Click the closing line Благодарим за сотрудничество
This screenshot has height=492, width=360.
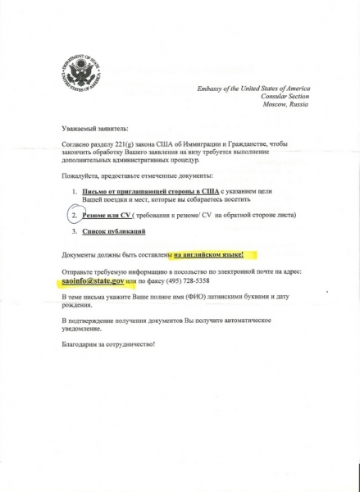tap(108, 364)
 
